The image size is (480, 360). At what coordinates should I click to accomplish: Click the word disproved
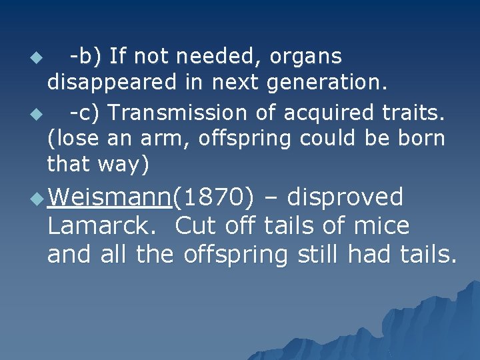[347, 198]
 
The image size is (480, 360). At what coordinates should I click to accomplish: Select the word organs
[305, 56]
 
